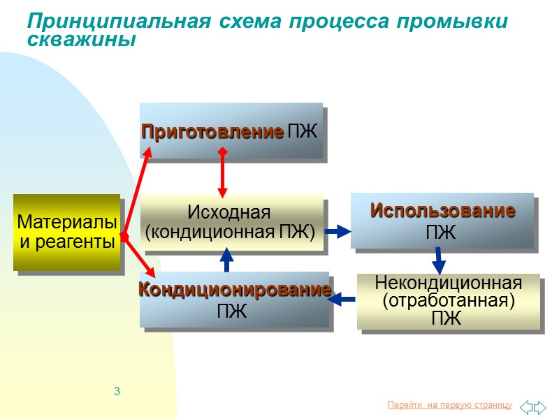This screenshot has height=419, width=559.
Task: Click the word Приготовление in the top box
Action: pyautogui.click(x=212, y=131)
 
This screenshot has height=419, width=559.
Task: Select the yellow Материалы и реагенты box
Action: pyautogui.click(x=66, y=233)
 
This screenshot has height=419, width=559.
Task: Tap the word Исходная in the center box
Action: pyautogui.click(x=228, y=212)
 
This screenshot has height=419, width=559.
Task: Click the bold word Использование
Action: pyautogui.click(x=443, y=210)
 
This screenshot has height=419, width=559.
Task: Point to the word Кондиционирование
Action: pyautogui.click(x=233, y=290)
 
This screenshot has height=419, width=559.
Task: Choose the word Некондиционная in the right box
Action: pyautogui.click(x=449, y=283)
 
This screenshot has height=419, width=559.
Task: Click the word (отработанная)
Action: pyautogui.click(x=449, y=301)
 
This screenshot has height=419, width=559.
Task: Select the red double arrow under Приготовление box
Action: pyautogui.click(x=222, y=172)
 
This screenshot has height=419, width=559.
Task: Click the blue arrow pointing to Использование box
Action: pyautogui.click(x=337, y=231)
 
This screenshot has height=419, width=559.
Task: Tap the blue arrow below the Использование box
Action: pyautogui.click(x=439, y=260)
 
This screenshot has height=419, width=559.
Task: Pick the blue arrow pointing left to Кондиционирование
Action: pyautogui.click(x=342, y=300)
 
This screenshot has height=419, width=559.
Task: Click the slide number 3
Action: pyautogui.click(x=117, y=390)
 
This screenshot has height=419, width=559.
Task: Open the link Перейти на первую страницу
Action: pyautogui.click(x=449, y=405)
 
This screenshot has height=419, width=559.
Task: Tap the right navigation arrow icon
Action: pyautogui.click(x=540, y=405)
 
